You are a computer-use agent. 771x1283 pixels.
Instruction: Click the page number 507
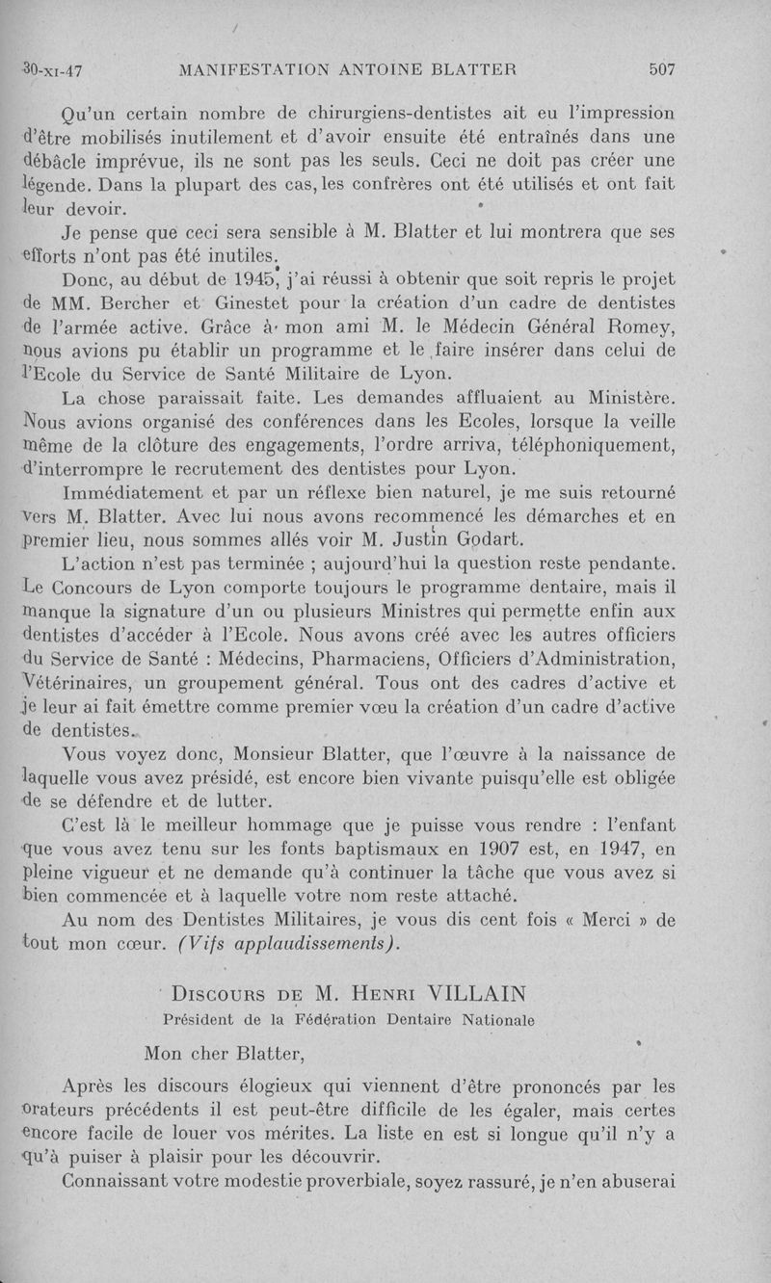(x=662, y=69)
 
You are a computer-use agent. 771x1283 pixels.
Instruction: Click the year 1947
(x=617, y=851)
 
